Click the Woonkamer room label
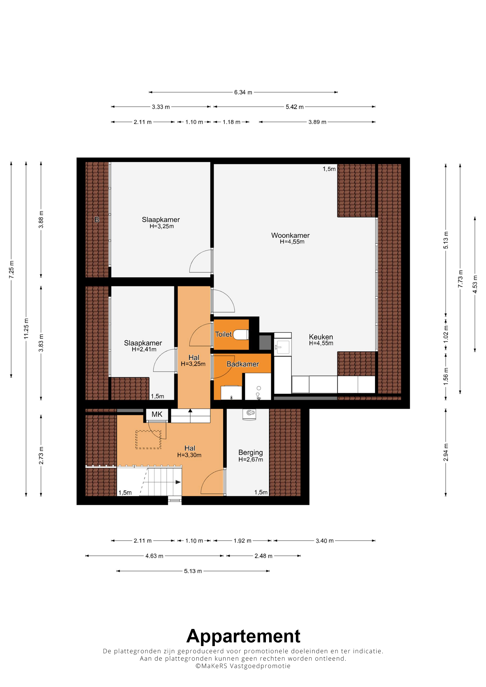(290, 235)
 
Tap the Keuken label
(321, 337)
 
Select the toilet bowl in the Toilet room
(241, 335)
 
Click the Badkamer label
(243, 364)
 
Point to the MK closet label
(157, 414)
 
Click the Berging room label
(251, 453)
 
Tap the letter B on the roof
(97, 220)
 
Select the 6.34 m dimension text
(243, 92)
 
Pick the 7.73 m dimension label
(460, 279)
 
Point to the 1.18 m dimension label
(231, 122)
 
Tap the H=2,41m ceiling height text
(144, 349)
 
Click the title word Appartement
(243, 636)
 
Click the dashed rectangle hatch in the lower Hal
(148, 440)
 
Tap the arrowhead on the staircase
(178, 482)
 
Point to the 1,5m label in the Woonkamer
(329, 169)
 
